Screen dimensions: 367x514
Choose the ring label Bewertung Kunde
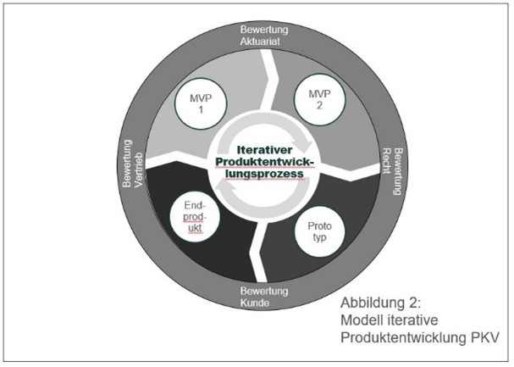(x=264, y=297)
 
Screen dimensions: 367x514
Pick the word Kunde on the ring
(x=264, y=303)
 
